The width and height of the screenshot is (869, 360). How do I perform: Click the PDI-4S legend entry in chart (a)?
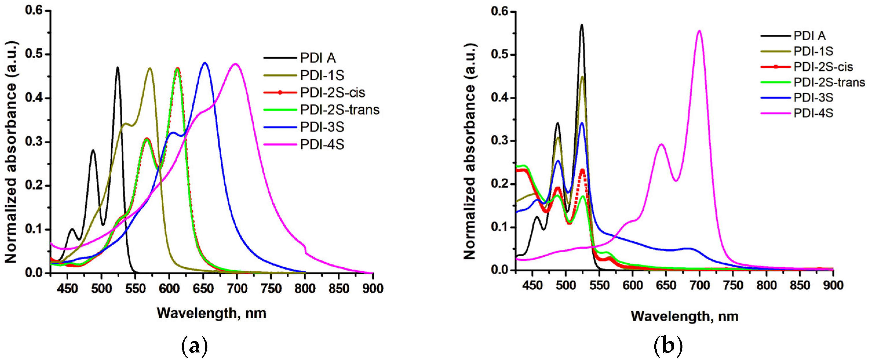322,145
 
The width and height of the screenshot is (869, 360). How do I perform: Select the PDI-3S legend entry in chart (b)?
813,98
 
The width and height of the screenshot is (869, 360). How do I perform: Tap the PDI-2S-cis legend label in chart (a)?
333,92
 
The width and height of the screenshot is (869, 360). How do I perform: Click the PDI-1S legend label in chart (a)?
322,75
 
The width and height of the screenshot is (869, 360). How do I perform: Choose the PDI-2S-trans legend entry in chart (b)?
829,82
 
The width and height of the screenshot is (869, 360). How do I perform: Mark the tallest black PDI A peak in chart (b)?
582,25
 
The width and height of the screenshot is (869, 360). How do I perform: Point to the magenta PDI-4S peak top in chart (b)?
699,31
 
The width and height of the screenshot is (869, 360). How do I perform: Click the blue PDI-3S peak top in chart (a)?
205,63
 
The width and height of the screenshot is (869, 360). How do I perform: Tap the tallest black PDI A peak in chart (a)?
117,67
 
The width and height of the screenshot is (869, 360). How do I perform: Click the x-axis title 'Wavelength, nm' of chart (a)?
211,313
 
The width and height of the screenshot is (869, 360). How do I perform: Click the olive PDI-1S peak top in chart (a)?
150,68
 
